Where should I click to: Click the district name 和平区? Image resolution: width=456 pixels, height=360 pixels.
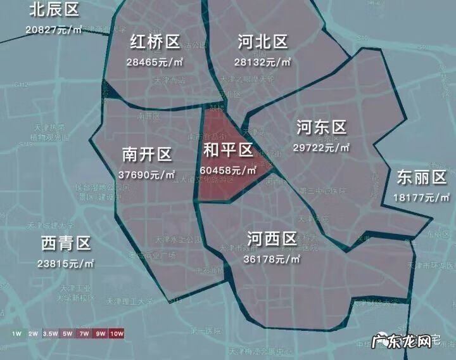coord(228,150)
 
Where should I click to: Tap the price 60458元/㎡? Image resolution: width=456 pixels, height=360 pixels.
coord(228,170)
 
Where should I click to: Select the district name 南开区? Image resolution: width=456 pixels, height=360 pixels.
coord(147,155)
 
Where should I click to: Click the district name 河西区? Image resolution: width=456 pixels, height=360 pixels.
coord(272,240)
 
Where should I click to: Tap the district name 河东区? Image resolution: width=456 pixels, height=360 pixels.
coord(322,128)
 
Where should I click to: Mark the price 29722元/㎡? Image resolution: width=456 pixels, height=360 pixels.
coord(322,147)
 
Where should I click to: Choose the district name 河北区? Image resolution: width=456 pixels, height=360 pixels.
coord(262,42)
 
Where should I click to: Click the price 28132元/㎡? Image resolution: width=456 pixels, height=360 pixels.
coord(262,61)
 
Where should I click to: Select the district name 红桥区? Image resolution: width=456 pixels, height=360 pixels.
coord(155,42)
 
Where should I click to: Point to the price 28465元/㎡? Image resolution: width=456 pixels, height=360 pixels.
coord(155,62)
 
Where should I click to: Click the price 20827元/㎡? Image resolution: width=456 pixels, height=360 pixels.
coord(54,30)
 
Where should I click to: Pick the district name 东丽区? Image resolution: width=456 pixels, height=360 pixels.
coord(421,178)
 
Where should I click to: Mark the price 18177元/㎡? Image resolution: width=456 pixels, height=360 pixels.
coord(421,197)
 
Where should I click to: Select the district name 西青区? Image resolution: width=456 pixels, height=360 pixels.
coord(66,243)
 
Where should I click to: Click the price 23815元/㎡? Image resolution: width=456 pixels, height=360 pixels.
coord(66,263)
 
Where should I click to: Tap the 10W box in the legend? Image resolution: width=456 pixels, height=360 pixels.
coord(117,333)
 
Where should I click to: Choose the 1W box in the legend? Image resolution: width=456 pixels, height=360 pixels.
coord(18,333)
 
